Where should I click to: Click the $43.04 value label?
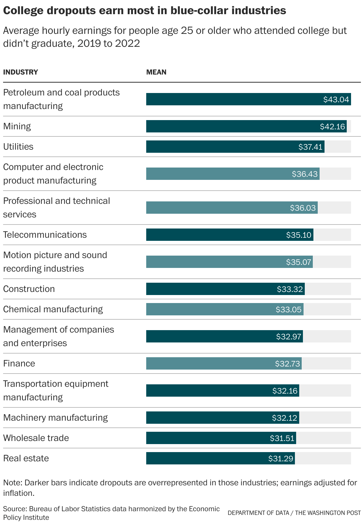(336, 99)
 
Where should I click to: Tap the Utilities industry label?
(18, 147)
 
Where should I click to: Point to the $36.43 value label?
(304, 174)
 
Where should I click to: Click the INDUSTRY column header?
(20, 72)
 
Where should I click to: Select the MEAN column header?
(156, 72)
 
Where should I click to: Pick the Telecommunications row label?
(45, 235)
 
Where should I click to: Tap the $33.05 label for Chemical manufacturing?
(288, 310)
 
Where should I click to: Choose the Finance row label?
(19, 363)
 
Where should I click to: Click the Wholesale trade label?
(36, 438)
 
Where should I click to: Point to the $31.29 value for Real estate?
(280, 459)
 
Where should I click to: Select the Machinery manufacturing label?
(56, 418)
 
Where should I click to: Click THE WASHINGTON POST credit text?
(328, 513)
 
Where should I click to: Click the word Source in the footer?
(14, 509)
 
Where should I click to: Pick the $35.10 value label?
(299, 235)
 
